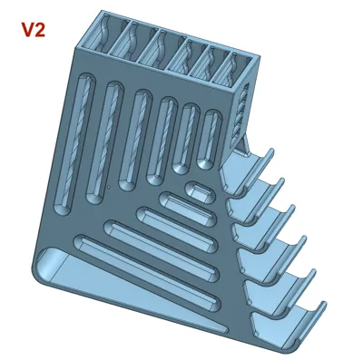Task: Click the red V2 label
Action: click(x=34, y=30)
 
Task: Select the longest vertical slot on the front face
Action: click(x=74, y=144)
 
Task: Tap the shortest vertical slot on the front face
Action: click(x=210, y=140)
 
